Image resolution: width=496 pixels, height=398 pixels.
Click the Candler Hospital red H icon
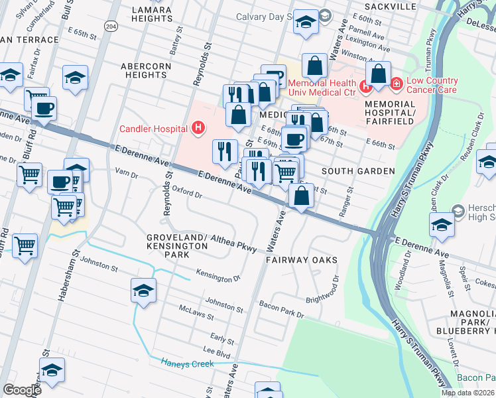196,128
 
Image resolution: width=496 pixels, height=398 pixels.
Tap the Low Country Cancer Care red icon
396,85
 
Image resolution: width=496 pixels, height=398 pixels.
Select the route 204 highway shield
111,26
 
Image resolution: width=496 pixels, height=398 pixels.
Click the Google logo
22,390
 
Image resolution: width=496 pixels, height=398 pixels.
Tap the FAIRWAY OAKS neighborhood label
302,260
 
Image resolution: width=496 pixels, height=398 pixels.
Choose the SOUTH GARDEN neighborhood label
358,171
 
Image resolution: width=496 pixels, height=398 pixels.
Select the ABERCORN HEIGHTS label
152,71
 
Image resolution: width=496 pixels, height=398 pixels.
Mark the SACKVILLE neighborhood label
390,7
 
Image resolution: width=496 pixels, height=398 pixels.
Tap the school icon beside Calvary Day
305,23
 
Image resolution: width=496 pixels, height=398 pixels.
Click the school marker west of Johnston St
143,291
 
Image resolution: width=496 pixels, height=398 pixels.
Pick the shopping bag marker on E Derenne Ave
301,196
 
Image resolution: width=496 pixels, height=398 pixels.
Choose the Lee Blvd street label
216,351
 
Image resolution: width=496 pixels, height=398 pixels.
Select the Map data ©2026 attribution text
467,393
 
